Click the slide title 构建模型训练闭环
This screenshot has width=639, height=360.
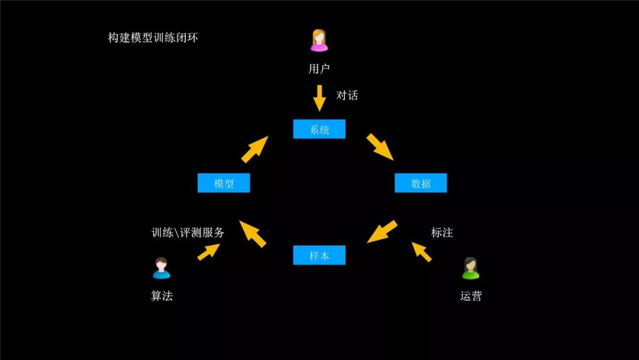click(153, 38)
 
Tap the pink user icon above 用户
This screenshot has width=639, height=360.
click(319, 40)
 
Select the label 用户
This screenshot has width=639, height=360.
click(319, 69)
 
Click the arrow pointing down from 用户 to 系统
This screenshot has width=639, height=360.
click(319, 98)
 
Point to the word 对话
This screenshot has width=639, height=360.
click(347, 95)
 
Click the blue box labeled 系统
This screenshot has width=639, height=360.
click(319, 129)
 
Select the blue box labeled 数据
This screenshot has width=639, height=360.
click(421, 183)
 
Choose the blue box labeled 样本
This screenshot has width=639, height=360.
click(319, 255)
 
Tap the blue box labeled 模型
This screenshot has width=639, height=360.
click(224, 183)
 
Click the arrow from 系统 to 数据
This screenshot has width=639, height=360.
click(380, 147)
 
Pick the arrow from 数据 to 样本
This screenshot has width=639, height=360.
click(382, 232)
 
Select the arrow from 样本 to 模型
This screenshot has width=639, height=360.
click(253, 233)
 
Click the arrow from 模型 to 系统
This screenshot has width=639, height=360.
click(255, 149)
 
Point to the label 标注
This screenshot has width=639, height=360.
click(442, 233)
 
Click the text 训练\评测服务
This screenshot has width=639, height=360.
click(188, 233)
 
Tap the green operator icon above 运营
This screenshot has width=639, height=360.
click(470, 268)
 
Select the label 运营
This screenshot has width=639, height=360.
click(471, 296)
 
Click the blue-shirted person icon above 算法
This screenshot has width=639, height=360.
click(162, 268)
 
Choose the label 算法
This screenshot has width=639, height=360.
click(162, 296)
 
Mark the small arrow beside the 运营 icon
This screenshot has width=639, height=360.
click(422, 251)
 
